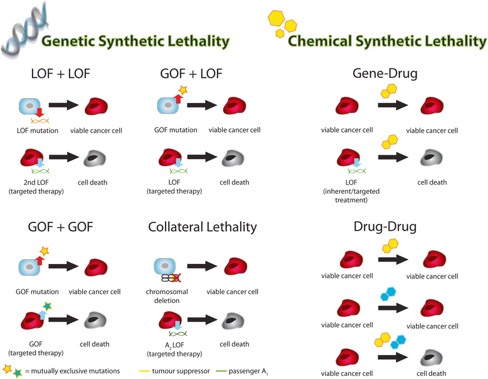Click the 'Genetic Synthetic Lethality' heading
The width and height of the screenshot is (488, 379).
tap(135, 41)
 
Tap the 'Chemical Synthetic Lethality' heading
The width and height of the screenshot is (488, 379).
tap(387, 41)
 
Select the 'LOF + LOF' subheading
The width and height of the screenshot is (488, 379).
tap(61, 74)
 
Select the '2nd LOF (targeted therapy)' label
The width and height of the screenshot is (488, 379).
tap(37, 187)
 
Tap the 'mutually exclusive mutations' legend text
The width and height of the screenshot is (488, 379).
tap(74, 371)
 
